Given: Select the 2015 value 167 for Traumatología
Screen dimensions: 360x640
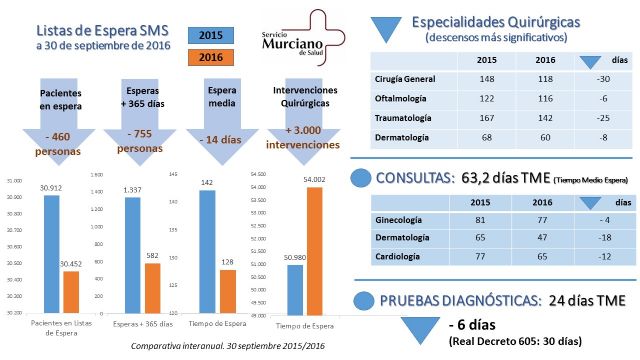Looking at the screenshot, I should click(x=488, y=117).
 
